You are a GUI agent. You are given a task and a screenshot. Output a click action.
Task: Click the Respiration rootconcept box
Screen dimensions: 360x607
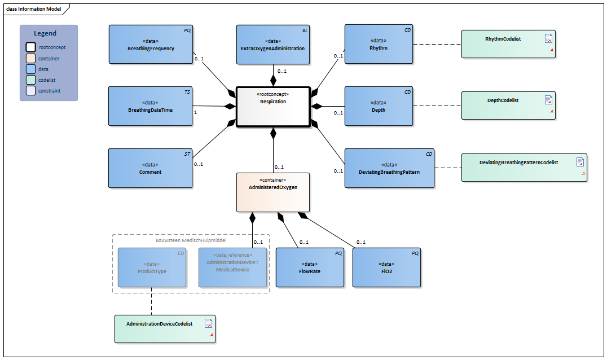point(273,107)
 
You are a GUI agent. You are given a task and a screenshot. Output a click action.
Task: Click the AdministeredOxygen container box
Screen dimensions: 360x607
point(273,192)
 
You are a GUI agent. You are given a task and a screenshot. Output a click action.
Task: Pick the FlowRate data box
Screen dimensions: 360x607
point(310,267)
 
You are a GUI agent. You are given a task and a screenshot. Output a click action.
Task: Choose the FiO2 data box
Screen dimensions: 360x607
point(386,267)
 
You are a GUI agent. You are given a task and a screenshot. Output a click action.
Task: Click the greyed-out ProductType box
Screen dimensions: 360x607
point(151,267)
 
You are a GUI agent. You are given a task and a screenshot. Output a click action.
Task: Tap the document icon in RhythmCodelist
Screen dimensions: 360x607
point(548,38)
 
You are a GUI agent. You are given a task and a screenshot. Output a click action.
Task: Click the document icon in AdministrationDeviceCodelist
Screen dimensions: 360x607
point(208,323)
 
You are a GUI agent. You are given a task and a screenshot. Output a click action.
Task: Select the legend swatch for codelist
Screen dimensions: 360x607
point(30,80)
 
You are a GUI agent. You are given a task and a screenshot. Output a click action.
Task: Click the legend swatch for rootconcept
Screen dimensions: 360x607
point(30,47)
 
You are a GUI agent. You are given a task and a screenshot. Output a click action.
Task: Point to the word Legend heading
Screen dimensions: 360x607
point(45,33)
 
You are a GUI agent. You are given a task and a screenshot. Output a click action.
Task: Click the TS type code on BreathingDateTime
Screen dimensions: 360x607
point(187,91)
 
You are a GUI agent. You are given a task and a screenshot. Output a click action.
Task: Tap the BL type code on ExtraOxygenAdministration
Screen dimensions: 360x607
point(305,29)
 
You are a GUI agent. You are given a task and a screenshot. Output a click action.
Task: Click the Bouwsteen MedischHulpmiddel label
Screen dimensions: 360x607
point(191,240)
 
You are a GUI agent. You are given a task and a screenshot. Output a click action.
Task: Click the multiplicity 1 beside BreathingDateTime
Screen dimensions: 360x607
point(195,112)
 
